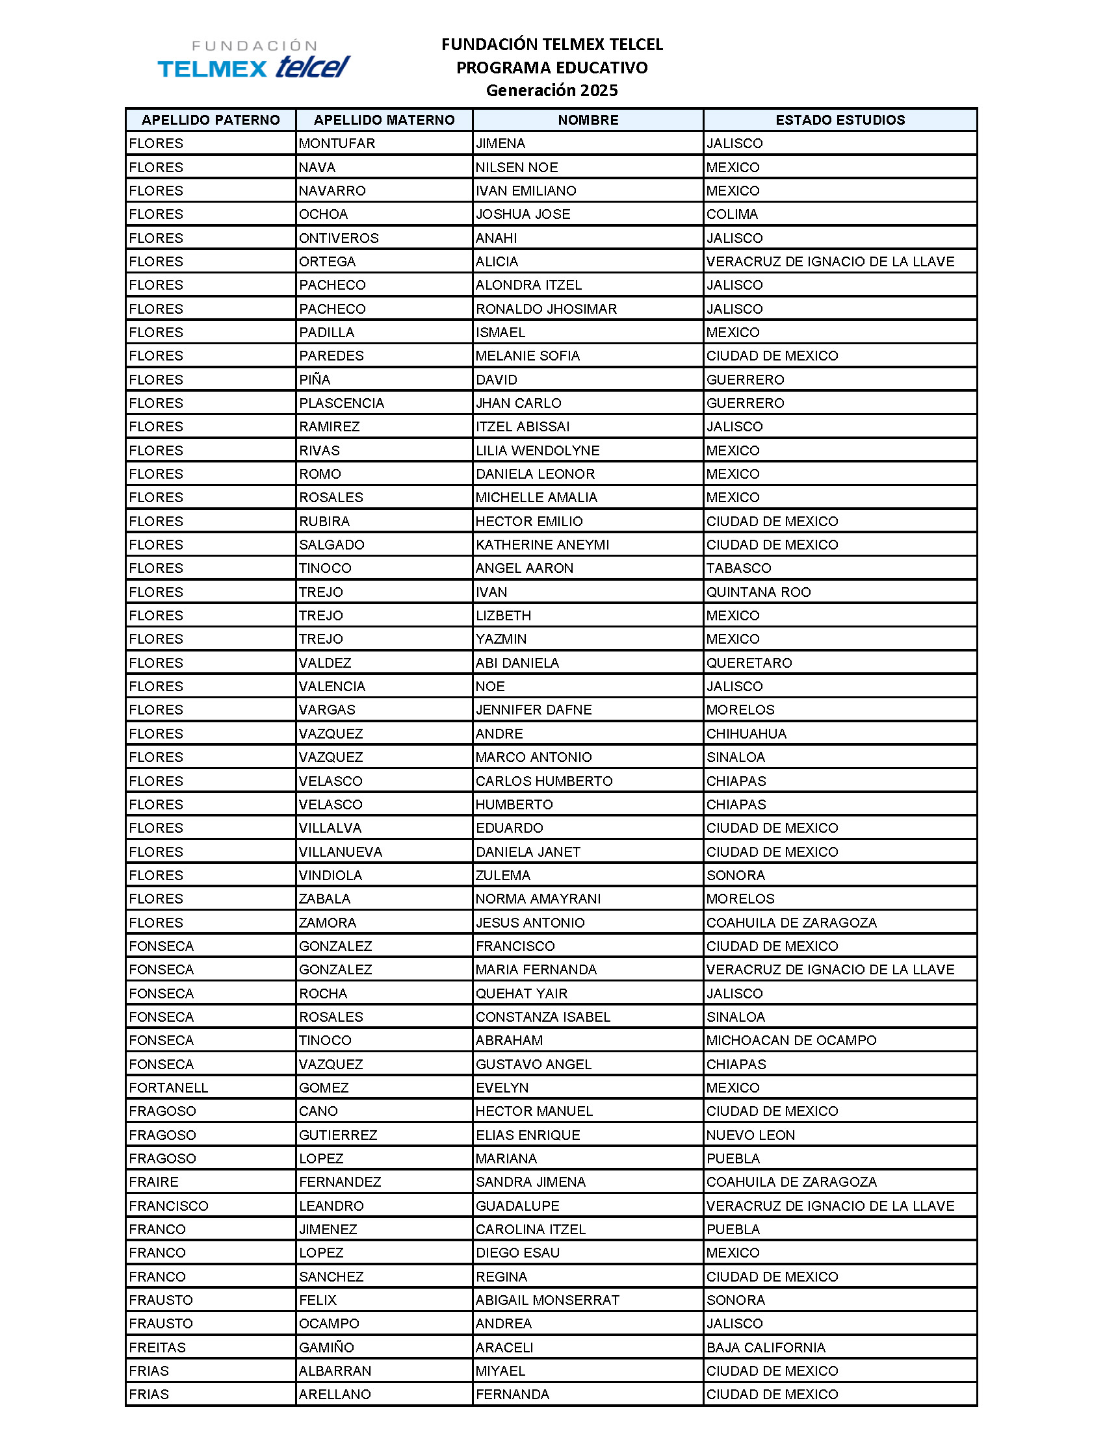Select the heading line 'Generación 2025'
click(x=551, y=90)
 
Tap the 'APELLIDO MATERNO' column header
click(x=383, y=120)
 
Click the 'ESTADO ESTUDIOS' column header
click(x=840, y=120)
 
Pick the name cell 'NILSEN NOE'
click(x=517, y=168)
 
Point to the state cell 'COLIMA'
click(x=732, y=214)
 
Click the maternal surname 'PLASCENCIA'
click(x=341, y=403)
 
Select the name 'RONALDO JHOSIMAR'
click(x=546, y=309)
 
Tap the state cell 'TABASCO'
click(x=738, y=568)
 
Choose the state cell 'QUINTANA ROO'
click(x=758, y=592)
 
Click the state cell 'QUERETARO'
click(x=749, y=663)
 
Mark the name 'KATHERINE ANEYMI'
click(x=542, y=544)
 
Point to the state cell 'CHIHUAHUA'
click(x=746, y=733)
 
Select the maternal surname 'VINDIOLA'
click(x=330, y=876)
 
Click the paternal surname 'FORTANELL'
click(x=168, y=1087)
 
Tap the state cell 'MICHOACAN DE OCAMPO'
click(x=791, y=1041)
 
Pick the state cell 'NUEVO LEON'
click(x=750, y=1135)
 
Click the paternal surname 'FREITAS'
click(x=157, y=1347)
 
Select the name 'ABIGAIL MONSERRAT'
click(x=547, y=1300)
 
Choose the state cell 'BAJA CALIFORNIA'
click(x=765, y=1347)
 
